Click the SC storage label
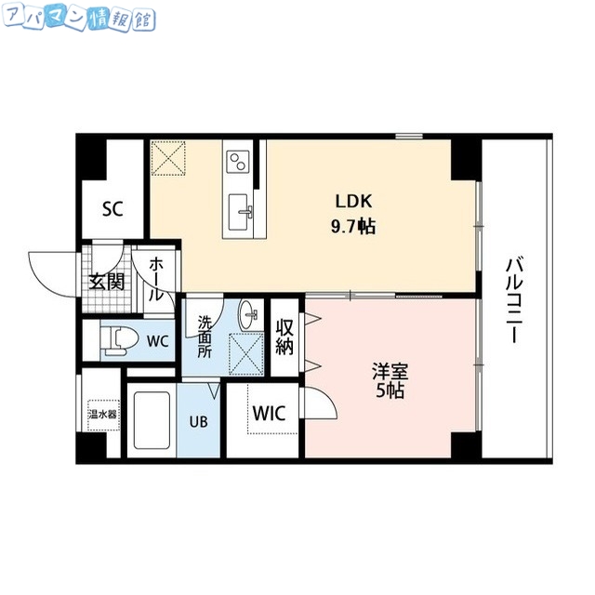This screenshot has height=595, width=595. click(113, 207)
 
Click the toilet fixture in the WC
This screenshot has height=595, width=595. click(113, 340)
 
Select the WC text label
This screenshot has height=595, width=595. click(157, 341)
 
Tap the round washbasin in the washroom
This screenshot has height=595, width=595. click(249, 315)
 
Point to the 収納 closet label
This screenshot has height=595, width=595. click(284, 337)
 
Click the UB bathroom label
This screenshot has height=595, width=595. click(200, 420)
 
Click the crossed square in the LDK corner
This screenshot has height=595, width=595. click(169, 157)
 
